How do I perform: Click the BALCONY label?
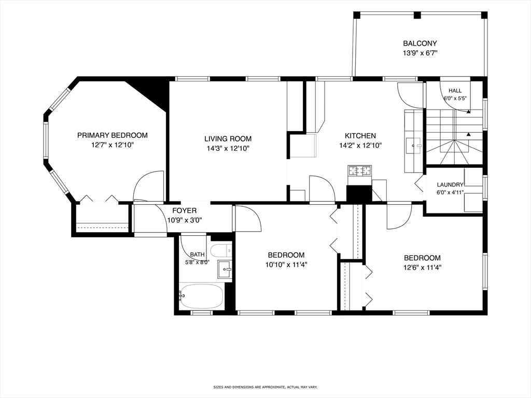click(x=420, y=44)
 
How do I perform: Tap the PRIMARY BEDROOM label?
click(x=113, y=135)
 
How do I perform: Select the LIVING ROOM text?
click(x=228, y=139)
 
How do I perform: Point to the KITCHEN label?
click(x=360, y=136)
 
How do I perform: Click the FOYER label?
click(x=185, y=211)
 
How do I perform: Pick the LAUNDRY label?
click(x=450, y=185)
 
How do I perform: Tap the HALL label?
click(x=455, y=91)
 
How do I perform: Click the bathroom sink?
click(x=225, y=269)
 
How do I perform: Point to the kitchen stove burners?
click(x=359, y=170)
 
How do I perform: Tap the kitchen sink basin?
click(x=413, y=146)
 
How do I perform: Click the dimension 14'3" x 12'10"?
click(x=228, y=148)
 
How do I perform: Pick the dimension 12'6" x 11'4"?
click(x=422, y=267)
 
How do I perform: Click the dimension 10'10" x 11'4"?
click(x=286, y=265)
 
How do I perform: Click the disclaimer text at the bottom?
click(x=265, y=387)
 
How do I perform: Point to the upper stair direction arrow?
click(x=468, y=111)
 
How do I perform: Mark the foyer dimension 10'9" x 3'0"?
click(x=185, y=220)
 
